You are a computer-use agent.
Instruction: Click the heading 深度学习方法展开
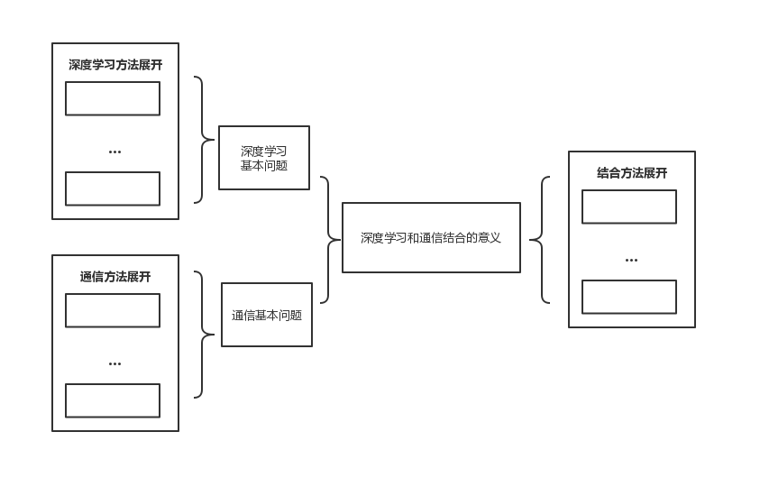point(115,65)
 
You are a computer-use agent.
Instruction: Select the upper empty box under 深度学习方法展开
point(113,98)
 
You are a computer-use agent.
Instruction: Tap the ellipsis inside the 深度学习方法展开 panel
point(114,152)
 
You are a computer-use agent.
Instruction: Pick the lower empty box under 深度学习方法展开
point(113,188)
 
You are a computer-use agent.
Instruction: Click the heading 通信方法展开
point(114,277)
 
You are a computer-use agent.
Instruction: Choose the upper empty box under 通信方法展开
point(113,310)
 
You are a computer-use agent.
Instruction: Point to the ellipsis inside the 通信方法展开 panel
point(114,363)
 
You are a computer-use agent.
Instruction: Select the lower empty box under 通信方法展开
point(113,400)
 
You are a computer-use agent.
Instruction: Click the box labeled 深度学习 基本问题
point(264,158)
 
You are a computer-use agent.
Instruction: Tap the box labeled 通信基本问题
point(267,315)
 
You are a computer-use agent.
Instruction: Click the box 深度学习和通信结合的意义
point(431,238)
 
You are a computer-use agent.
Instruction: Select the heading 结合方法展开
point(632,173)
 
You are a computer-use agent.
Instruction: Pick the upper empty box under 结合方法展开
point(629,207)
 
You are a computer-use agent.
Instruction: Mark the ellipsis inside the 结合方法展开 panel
point(631,260)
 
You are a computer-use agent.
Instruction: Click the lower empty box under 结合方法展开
point(629,297)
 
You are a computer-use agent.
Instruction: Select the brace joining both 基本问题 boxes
point(326,239)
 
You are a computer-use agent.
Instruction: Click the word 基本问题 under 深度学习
point(264,166)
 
